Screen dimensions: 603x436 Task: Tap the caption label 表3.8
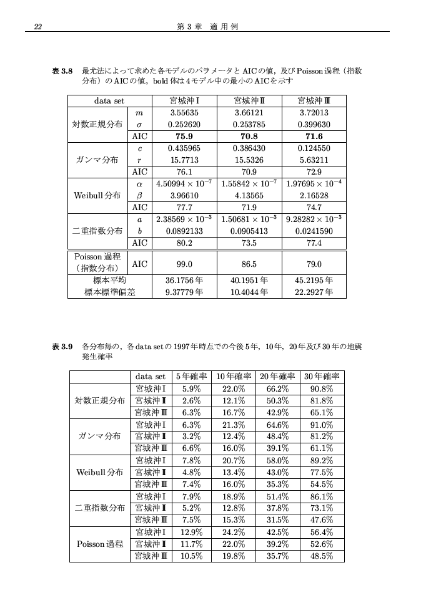[63, 72]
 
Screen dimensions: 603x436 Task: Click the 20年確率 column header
[278, 377]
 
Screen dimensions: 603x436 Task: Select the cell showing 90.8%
[322, 388]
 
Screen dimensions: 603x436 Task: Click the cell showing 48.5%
[322, 556]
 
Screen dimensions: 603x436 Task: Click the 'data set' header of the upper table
[109, 100]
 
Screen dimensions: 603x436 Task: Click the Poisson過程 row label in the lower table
[99, 544]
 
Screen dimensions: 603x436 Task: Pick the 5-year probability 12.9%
[191, 532]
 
